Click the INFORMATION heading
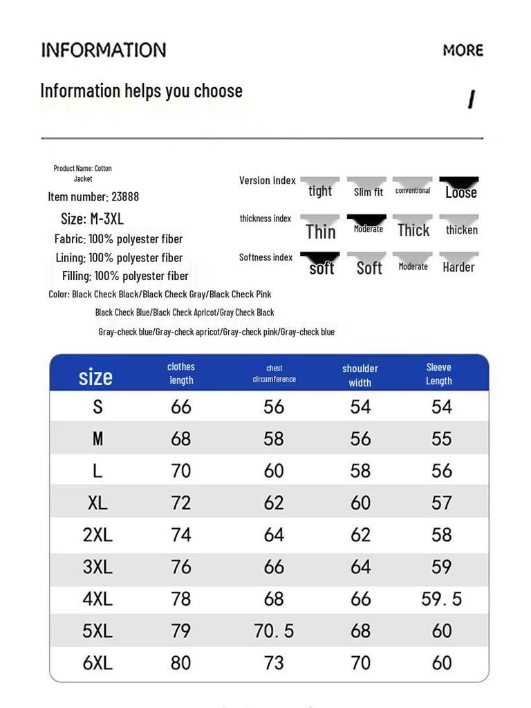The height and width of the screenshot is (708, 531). coord(104,50)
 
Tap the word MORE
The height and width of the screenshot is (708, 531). coord(463,50)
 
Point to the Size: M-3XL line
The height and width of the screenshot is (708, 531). coord(92,219)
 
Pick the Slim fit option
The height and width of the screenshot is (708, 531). coord(368,192)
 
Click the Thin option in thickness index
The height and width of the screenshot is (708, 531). coord(321,231)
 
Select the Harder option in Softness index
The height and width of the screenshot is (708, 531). coord(458,267)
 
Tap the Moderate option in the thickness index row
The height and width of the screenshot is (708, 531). coord(368,229)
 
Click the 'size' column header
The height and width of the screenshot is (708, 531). coord(95,377)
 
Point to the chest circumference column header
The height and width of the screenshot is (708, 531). coord(274,373)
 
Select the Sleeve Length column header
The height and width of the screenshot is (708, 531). coord(438,373)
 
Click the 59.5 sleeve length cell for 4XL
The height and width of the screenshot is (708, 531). coord(441,599)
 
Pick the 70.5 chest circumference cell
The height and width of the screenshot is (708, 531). coord(274,631)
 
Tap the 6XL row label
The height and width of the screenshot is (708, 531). coord(97,662)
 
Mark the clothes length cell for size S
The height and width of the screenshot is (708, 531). coord(180,407)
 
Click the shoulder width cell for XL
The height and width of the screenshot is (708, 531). coord(360,503)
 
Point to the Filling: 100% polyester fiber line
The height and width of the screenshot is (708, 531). coord(125,276)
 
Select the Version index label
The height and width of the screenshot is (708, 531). coord(267,180)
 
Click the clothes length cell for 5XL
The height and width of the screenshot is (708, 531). coord(180,631)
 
